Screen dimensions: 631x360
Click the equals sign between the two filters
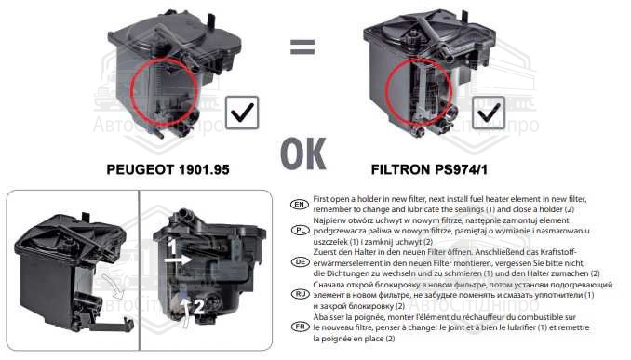pyautogui.click(x=302, y=47)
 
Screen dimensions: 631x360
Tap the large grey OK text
pyautogui.click(x=303, y=154)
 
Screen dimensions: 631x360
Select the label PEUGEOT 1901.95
pyautogui.click(x=168, y=169)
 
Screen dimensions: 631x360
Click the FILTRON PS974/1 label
pyautogui.click(x=429, y=169)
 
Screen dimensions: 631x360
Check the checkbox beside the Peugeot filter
pyautogui.click(x=242, y=113)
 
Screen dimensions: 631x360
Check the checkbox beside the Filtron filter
pyautogui.click(x=489, y=113)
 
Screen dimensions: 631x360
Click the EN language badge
pyautogui.click(x=300, y=205)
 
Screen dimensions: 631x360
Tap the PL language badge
pyautogui.click(x=300, y=231)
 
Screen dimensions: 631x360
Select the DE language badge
pyautogui.click(x=300, y=262)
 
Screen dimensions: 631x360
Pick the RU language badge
pyautogui.click(x=300, y=294)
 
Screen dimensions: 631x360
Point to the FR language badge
pyautogui.click(x=300, y=327)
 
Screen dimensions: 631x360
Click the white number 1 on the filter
pyautogui.click(x=172, y=247)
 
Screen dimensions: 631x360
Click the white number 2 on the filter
pyautogui.click(x=199, y=307)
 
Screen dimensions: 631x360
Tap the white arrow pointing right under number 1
pyautogui.click(x=179, y=260)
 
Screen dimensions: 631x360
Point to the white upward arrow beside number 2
pyautogui.click(x=185, y=313)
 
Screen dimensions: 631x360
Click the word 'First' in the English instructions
pyautogui.click(x=321, y=199)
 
